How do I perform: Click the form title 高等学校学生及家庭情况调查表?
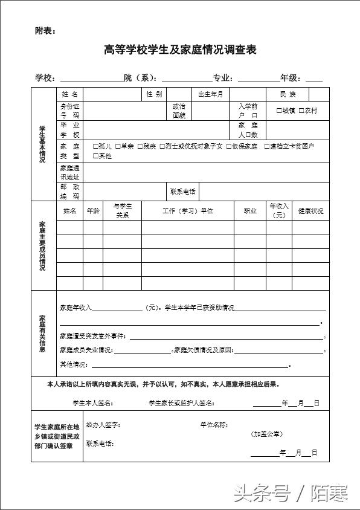tap(180, 50)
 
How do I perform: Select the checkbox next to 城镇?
tap(279, 111)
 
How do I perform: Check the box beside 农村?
tap(301, 111)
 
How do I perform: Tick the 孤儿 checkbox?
tap(95, 146)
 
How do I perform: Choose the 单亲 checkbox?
tap(118, 146)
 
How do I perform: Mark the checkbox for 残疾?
tap(140, 146)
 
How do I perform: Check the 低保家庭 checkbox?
tap(229, 146)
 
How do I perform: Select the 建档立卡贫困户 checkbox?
tap(267, 146)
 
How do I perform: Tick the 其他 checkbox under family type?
tap(95, 156)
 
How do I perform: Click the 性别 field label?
tap(154, 94)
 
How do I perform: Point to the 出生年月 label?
tap(211, 94)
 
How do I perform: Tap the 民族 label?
tap(288, 94)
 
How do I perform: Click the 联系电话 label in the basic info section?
tap(182, 192)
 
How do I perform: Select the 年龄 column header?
tap(93, 211)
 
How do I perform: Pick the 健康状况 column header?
tap(310, 211)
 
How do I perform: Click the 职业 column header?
tap(250, 211)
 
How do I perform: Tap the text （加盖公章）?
tap(268, 434)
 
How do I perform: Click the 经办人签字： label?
tap(103, 425)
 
